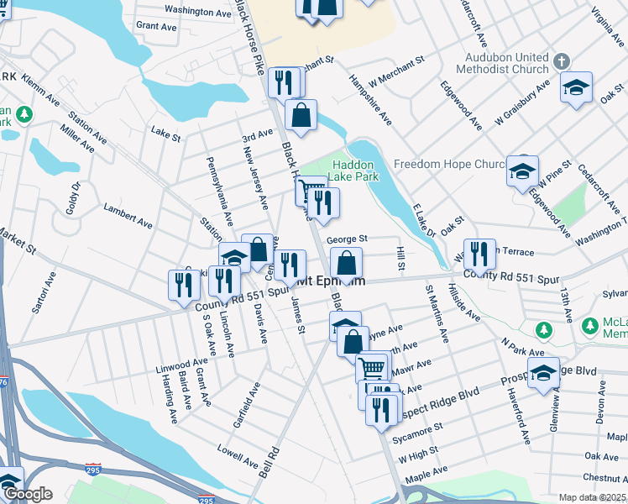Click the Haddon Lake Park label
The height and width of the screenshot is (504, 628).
(355, 171)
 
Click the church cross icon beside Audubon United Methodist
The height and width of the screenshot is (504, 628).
(562, 61)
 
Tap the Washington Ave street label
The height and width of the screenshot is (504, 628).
(198, 13)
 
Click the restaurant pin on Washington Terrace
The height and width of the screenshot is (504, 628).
(479, 253)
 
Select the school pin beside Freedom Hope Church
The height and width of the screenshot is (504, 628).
(522, 171)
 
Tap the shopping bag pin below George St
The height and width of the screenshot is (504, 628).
(346, 262)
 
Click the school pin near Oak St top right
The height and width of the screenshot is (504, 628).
(576, 87)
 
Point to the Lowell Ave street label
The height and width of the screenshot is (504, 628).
(238, 454)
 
